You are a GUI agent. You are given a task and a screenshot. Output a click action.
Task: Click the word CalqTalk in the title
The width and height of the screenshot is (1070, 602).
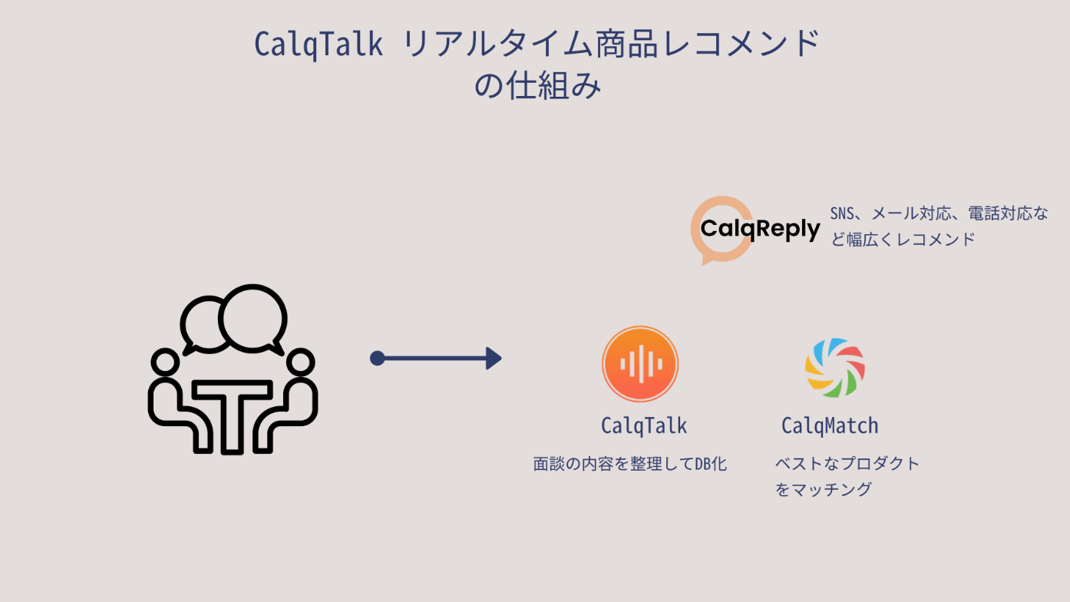coord(319,45)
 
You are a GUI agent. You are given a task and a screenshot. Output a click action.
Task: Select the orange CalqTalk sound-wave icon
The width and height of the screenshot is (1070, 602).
coord(639,364)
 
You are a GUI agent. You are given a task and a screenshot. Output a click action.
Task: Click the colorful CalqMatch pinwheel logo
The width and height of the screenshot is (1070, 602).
coord(835,368)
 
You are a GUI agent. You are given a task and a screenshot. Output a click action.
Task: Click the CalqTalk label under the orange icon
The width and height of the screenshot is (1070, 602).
coord(643,425)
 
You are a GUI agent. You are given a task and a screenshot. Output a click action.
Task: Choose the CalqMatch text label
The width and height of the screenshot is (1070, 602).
coord(830,425)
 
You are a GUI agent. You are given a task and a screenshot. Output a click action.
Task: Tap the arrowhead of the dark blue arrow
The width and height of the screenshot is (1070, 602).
coord(494,358)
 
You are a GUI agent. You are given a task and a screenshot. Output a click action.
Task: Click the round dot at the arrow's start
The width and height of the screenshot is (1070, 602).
coord(377,358)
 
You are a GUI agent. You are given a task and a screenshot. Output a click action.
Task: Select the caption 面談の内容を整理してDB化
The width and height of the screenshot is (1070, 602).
coord(629,464)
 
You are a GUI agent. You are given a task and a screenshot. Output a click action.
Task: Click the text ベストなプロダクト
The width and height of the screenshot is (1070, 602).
coord(847,464)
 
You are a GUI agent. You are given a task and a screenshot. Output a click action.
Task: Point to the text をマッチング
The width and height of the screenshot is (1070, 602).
coord(823,489)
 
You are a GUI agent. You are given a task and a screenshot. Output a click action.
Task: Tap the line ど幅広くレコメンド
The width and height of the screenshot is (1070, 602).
coord(903,239)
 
